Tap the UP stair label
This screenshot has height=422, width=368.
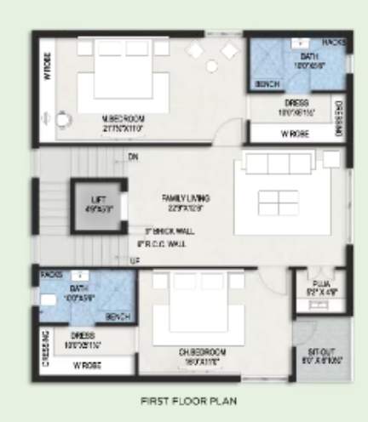coord(133,259)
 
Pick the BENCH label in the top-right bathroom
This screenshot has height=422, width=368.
coord(267,85)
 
